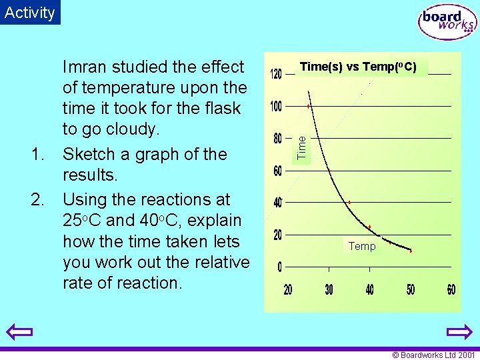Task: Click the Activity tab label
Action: click(29, 12)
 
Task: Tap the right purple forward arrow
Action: click(459, 332)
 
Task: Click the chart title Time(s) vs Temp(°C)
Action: click(358, 67)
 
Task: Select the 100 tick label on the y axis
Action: click(276, 107)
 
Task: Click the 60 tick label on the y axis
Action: click(277, 171)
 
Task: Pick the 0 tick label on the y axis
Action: click(279, 267)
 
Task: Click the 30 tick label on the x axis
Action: click(329, 289)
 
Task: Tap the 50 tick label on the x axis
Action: click(411, 289)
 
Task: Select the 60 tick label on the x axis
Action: click(451, 289)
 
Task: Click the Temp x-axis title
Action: click(362, 247)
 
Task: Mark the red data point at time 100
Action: click(308, 106)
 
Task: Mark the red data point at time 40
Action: click(349, 202)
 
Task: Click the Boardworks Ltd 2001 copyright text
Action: click(433, 355)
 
